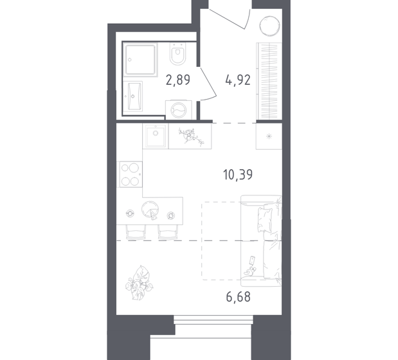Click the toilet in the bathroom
click(177, 55)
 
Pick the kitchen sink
click(154, 136)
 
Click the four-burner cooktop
click(129, 173)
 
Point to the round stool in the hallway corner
click(269, 27)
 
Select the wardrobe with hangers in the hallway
click(267, 81)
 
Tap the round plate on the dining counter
click(152, 210)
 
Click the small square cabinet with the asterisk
click(267, 137)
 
